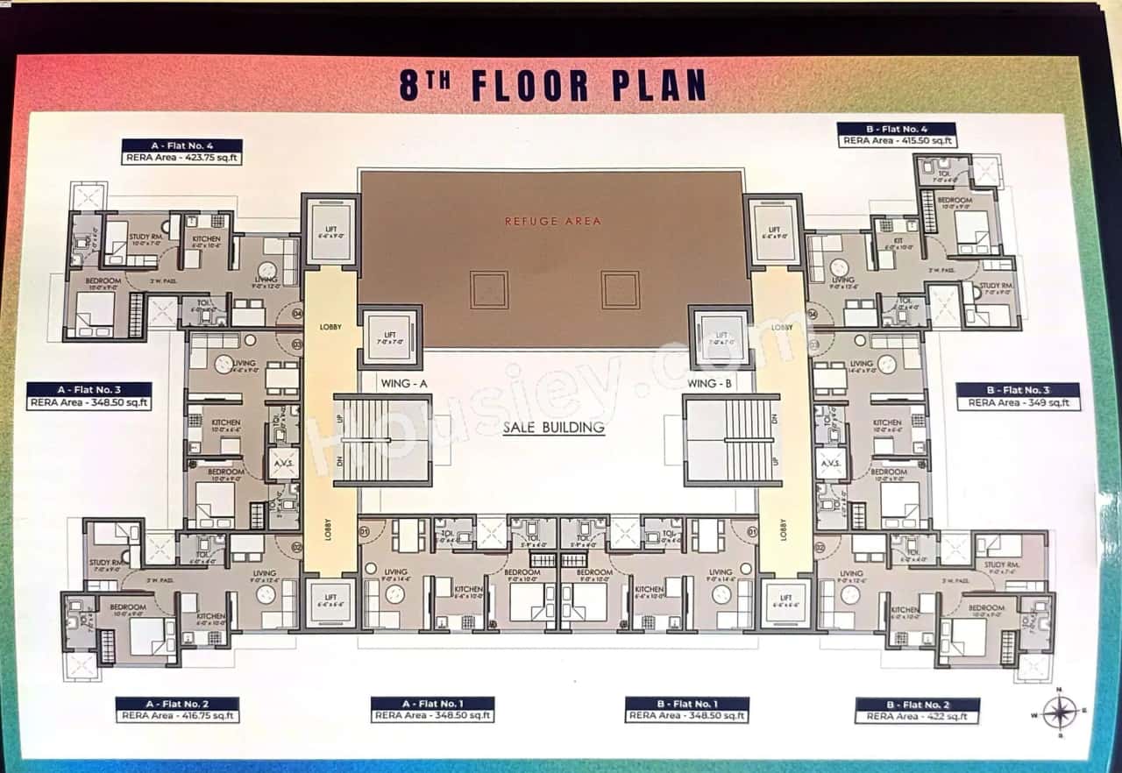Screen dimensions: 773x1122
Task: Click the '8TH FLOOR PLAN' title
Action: (552, 85)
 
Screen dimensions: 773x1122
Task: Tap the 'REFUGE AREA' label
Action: (552, 221)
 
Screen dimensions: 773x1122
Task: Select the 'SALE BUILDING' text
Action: (553, 428)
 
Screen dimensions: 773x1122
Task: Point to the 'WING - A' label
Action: (403, 384)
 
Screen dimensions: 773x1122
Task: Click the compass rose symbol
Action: (1060, 712)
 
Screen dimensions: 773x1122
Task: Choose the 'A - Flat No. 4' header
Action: (181, 145)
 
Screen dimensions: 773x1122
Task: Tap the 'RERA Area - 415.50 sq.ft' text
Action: (896, 140)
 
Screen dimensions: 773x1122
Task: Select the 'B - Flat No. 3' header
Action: (1018, 390)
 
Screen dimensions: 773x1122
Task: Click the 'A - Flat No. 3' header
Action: (89, 390)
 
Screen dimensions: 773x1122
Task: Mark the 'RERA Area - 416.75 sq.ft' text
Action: (177, 716)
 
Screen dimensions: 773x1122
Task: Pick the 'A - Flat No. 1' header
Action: (432, 703)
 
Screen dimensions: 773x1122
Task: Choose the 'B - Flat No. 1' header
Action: (686, 703)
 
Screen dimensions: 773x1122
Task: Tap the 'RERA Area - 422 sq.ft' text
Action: (917, 717)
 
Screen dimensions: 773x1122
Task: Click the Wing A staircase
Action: (384, 440)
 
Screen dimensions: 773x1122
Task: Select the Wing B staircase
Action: (731, 440)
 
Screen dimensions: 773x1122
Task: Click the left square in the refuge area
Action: (488, 289)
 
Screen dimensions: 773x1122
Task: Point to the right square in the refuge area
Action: (620, 289)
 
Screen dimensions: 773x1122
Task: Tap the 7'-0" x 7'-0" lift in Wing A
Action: (390, 337)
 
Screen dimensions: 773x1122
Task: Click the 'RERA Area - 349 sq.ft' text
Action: (1018, 403)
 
